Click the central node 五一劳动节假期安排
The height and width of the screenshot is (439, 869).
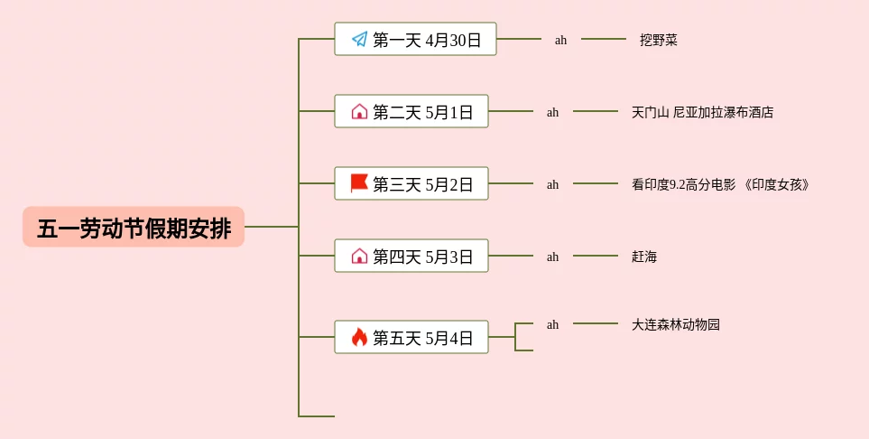(x=134, y=227)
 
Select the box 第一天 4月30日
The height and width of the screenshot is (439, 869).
(x=415, y=39)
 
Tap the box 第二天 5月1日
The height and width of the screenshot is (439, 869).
(x=411, y=111)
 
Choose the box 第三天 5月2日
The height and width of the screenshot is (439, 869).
(x=411, y=183)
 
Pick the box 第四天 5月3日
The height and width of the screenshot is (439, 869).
(x=411, y=256)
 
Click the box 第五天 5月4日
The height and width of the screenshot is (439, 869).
(x=411, y=337)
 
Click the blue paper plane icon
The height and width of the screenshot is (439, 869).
(x=360, y=39)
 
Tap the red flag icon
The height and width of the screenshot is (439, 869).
(x=359, y=182)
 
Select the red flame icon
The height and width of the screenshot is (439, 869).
(x=359, y=337)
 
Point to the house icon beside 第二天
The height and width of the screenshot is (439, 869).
(x=359, y=111)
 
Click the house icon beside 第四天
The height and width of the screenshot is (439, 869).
(x=359, y=256)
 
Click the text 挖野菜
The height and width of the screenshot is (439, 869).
(x=659, y=40)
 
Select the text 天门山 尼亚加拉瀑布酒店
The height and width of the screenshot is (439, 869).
(x=702, y=112)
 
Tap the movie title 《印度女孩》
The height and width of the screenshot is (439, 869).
(x=776, y=184)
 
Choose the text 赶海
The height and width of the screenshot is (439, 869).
(x=644, y=257)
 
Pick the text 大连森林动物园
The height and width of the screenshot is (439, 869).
(x=676, y=324)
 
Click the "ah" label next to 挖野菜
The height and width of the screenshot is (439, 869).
(x=561, y=40)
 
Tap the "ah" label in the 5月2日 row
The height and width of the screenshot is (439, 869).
(x=552, y=185)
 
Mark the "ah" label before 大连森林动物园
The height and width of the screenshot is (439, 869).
(x=552, y=324)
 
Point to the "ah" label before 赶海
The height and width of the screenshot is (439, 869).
(x=552, y=257)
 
